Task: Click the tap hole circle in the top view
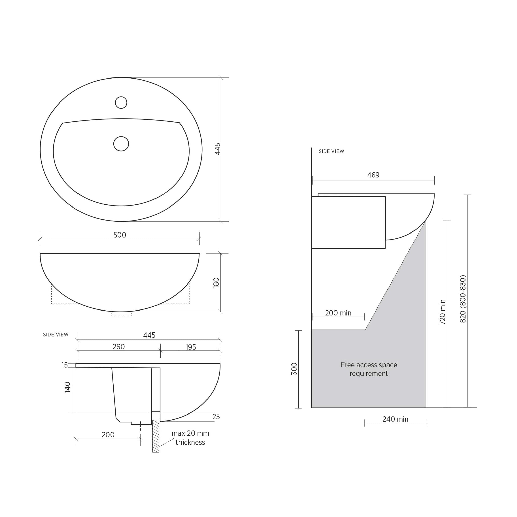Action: click(x=121, y=102)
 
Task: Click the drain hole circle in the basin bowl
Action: click(x=121, y=144)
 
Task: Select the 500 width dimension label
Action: click(x=120, y=235)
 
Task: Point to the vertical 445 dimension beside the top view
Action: click(x=217, y=149)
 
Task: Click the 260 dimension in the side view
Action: click(x=119, y=347)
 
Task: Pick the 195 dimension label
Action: click(x=191, y=347)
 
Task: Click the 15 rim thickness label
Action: click(x=64, y=365)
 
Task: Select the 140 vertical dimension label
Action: click(x=67, y=387)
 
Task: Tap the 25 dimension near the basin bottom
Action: click(x=216, y=416)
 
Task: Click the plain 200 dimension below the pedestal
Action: click(x=108, y=435)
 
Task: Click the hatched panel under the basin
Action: click(x=156, y=436)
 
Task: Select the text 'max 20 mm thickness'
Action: click(x=190, y=437)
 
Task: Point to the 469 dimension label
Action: click(x=373, y=175)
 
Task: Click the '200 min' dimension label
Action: click(x=338, y=313)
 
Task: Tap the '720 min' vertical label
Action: click(x=442, y=312)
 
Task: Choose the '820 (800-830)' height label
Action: click(x=463, y=299)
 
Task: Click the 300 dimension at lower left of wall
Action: click(x=294, y=369)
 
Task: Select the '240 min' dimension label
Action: click(x=395, y=419)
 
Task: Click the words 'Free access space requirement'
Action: click(x=369, y=369)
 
